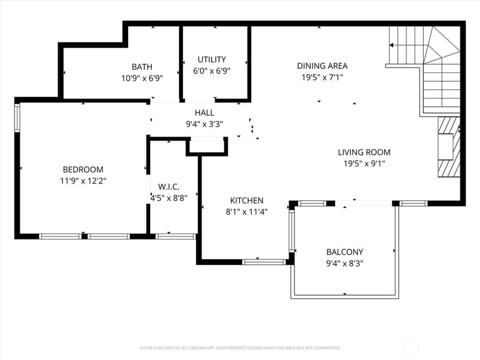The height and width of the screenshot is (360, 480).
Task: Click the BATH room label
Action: click(x=141, y=67)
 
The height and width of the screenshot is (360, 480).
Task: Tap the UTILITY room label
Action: click(x=212, y=59)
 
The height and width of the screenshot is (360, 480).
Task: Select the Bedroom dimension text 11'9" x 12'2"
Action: click(x=83, y=181)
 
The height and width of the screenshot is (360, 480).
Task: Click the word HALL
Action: click(x=205, y=112)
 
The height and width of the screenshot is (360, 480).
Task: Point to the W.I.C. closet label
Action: click(x=169, y=187)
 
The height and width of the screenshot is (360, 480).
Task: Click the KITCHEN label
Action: click(x=247, y=201)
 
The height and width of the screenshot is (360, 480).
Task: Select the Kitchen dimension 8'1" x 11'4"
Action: click(x=247, y=212)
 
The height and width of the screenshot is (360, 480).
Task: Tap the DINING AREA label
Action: click(x=322, y=66)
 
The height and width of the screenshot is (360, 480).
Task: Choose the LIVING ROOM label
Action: click(x=364, y=152)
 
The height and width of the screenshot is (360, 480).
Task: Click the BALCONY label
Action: click(x=345, y=252)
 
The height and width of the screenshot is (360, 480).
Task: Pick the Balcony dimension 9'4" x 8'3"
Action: click(x=345, y=263)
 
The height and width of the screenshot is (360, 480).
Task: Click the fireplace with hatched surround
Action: click(x=449, y=147)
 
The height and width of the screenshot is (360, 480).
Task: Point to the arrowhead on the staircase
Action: click(x=391, y=45)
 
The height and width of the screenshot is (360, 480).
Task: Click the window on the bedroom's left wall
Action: click(x=17, y=118)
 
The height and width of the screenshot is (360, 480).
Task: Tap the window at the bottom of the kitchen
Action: click(x=264, y=262)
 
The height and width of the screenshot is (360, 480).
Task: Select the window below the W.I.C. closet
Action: click(x=176, y=237)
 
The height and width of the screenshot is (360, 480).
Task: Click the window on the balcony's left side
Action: click(x=292, y=231)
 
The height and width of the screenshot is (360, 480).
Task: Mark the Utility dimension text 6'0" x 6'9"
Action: click(x=212, y=71)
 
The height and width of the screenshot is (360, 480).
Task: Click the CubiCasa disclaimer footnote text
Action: click(x=240, y=348)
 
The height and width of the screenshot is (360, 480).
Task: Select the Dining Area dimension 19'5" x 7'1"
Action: click(x=322, y=77)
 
